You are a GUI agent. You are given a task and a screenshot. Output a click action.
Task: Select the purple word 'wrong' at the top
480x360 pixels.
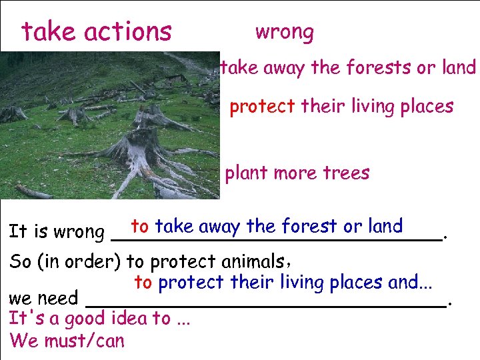pos(285,31)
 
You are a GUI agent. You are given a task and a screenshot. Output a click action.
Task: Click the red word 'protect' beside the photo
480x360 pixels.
pos(262,107)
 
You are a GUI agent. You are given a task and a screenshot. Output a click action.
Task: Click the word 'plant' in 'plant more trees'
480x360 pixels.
pos(245,173)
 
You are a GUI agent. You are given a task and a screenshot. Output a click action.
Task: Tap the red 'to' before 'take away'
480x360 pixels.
pos(140,226)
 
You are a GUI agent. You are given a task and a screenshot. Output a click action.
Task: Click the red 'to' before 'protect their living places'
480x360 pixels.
pos(143,283)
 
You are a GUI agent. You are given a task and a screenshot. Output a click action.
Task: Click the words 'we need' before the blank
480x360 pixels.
pos(43,298)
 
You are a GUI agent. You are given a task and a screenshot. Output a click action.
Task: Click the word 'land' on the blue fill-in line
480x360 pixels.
pos(385,226)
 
